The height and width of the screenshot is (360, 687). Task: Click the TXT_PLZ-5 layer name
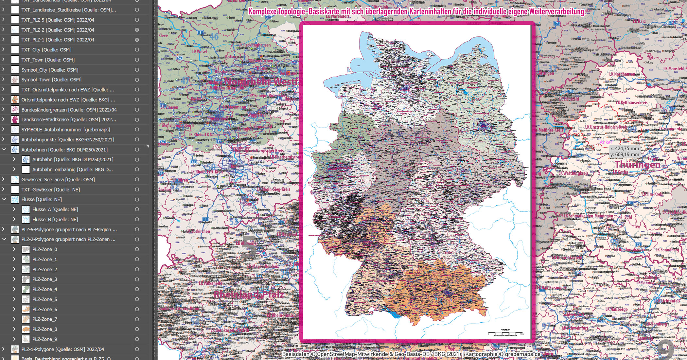58,20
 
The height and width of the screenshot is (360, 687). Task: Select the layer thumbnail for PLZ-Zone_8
26,329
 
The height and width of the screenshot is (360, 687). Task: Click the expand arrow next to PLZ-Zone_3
14,279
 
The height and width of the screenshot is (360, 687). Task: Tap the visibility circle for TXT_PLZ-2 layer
137,30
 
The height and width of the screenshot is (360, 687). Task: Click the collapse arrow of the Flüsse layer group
4,199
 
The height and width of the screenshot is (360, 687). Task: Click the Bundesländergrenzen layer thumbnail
15,110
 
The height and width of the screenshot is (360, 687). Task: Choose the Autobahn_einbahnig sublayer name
72,170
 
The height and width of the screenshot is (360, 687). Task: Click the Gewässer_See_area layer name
58,180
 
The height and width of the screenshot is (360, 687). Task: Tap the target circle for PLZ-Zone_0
137,249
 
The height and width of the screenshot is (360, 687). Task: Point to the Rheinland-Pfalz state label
249,295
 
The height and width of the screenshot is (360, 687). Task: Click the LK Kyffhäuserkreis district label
631,102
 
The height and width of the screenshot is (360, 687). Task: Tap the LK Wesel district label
200,51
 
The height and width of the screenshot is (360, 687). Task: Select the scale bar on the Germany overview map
506,333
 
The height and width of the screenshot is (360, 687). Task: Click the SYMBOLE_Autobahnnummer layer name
65,130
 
